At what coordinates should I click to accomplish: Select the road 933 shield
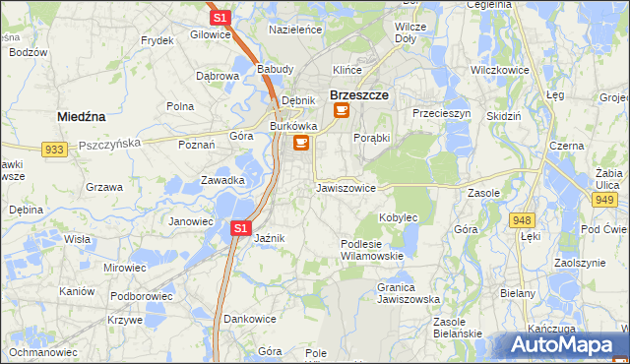coord(54,149)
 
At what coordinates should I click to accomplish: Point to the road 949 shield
coord(603,200)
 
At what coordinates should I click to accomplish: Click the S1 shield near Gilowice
coord(220,18)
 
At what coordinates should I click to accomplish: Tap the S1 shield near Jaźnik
coord(240,228)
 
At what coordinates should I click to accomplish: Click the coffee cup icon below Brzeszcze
coord(341,111)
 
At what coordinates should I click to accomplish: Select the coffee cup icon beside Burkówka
coord(301,144)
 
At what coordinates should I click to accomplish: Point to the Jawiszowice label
coord(346,187)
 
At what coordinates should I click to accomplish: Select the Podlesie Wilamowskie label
coord(371,249)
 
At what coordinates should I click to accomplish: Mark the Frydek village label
coord(157,40)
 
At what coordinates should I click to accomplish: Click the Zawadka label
coord(222,180)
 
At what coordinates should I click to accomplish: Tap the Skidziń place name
coord(504,115)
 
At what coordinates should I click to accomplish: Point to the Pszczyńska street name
coord(109,143)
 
